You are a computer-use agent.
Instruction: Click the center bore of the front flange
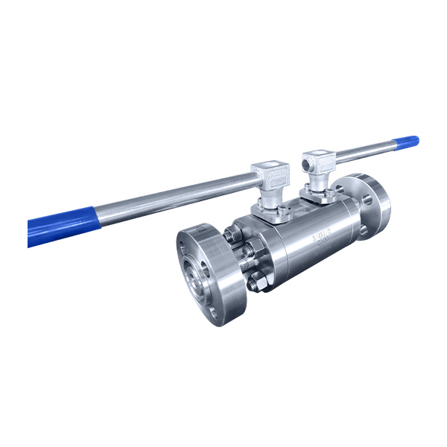coord(200,282)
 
